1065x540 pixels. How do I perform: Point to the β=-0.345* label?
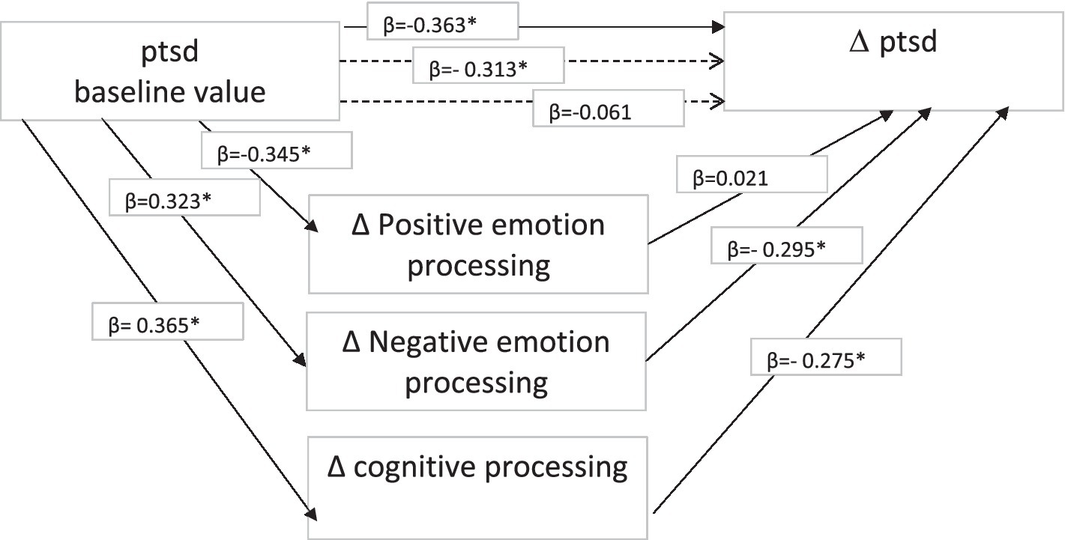[276, 155]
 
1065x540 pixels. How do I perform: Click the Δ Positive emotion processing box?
[478, 244]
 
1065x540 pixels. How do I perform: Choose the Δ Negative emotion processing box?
[477, 361]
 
